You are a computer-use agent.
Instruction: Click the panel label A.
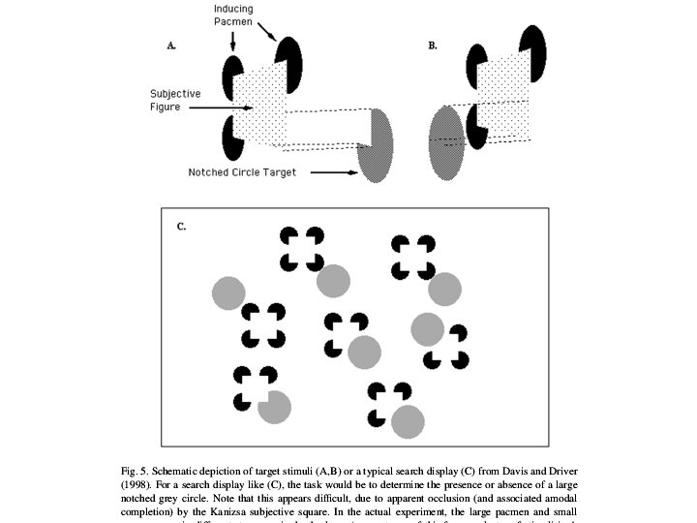(x=172, y=45)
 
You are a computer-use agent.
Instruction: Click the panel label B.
(x=433, y=45)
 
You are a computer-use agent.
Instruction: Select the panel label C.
(x=181, y=227)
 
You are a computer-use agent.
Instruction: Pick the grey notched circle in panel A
(x=375, y=142)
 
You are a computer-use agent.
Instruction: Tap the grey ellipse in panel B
(x=446, y=143)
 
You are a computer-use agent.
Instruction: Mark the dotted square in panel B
(x=506, y=92)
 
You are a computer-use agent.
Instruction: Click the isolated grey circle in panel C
(x=228, y=293)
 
